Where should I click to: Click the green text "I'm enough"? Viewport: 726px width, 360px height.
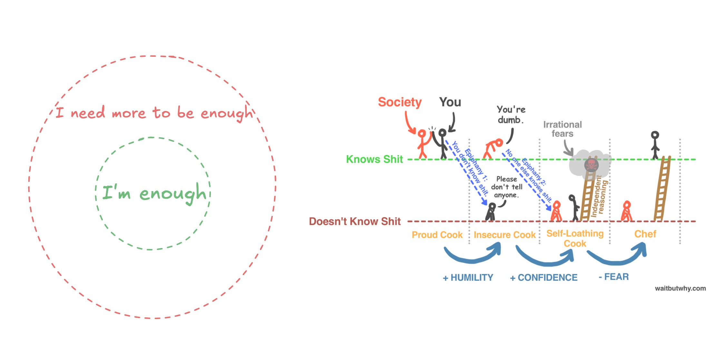pos(154,193)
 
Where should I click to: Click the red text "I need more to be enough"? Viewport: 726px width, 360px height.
pos(154,113)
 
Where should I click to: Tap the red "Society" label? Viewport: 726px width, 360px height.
pos(400,102)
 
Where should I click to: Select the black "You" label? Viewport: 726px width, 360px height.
pos(450,102)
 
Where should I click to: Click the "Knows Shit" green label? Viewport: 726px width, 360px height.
pos(374,159)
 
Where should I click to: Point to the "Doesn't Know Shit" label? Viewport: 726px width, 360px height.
pos(355,222)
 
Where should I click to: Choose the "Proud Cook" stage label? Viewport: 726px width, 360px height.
pos(437,235)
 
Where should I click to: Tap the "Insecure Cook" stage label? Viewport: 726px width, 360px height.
pos(505,235)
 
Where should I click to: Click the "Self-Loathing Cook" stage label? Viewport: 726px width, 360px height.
pos(575,238)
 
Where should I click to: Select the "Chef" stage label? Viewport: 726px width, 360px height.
pos(645,234)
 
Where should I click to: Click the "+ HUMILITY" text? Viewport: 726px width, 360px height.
pos(468,278)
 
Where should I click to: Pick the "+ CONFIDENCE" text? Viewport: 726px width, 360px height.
pos(544,278)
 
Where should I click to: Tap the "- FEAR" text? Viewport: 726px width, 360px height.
pos(614,277)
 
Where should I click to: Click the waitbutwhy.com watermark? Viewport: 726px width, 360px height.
pos(680,288)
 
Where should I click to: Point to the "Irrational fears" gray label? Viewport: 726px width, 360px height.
pos(563,129)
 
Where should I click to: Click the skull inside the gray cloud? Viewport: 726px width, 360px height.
pos(591,165)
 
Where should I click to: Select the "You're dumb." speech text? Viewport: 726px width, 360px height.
pos(511,115)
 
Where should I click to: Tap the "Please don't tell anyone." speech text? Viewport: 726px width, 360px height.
pos(506,187)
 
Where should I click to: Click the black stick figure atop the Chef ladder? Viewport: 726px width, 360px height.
pos(655,145)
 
